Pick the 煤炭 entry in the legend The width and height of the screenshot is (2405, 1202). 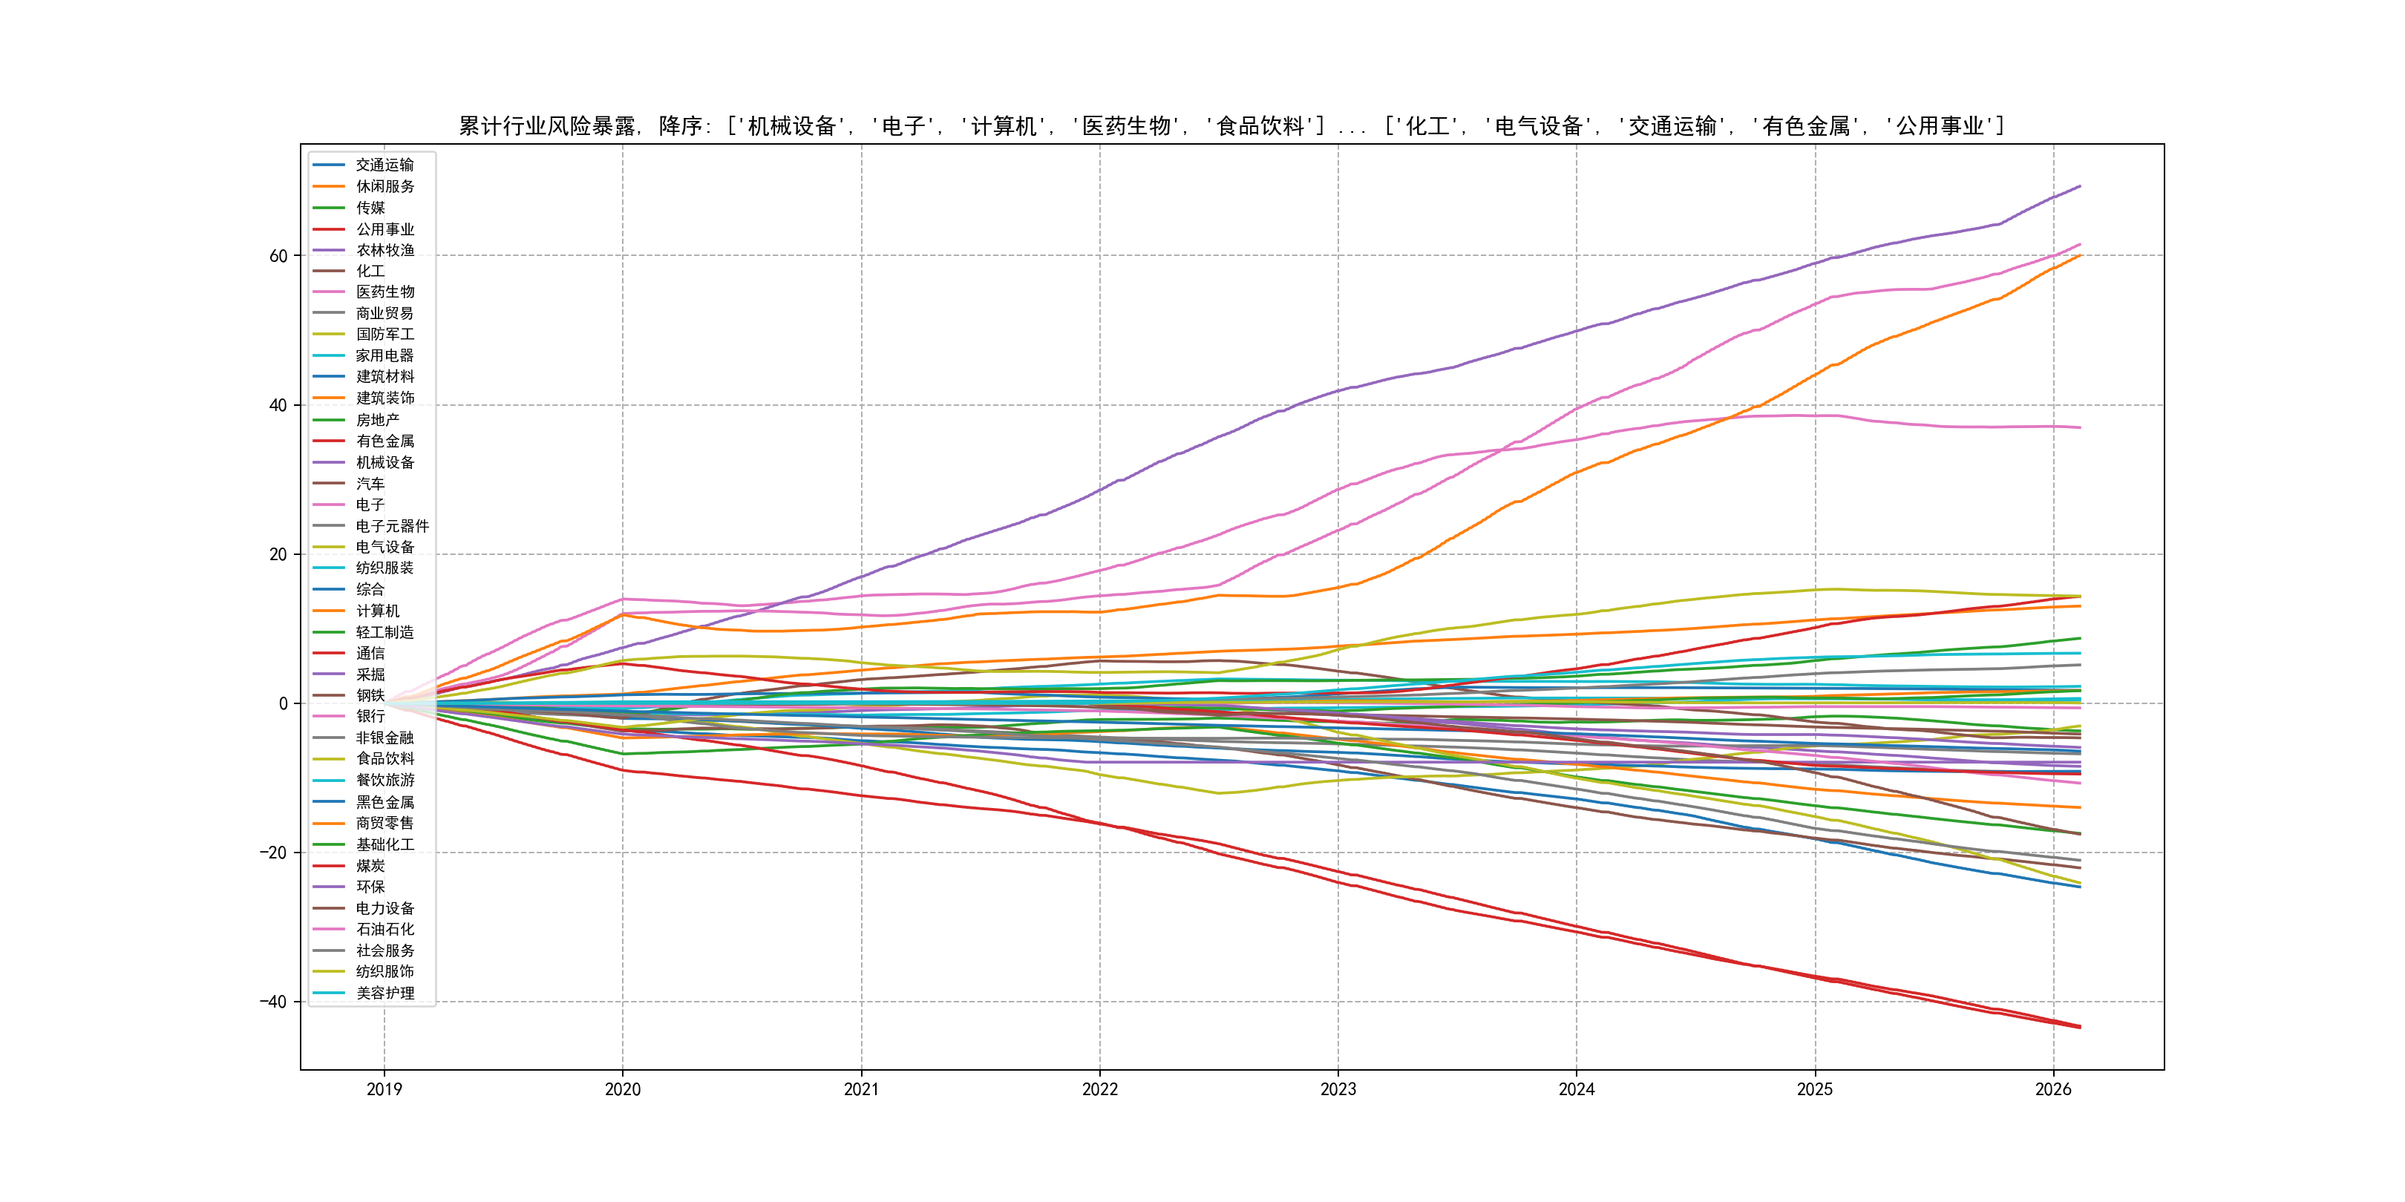click(x=370, y=866)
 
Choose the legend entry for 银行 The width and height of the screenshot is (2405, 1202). click(x=370, y=716)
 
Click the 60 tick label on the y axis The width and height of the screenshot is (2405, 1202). click(x=278, y=256)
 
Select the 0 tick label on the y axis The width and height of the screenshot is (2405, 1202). click(x=283, y=703)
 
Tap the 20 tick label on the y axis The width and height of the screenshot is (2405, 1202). click(x=278, y=554)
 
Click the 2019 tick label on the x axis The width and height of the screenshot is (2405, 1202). click(x=384, y=1089)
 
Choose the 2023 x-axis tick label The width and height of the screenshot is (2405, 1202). click(x=1338, y=1089)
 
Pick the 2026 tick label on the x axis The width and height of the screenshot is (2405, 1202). click(x=2053, y=1089)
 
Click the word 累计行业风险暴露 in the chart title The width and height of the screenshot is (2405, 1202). click(x=547, y=126)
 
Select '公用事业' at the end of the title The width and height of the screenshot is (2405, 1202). click(x=1940, y=126)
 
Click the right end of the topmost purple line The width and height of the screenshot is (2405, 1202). click(x=2080, y=187)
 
